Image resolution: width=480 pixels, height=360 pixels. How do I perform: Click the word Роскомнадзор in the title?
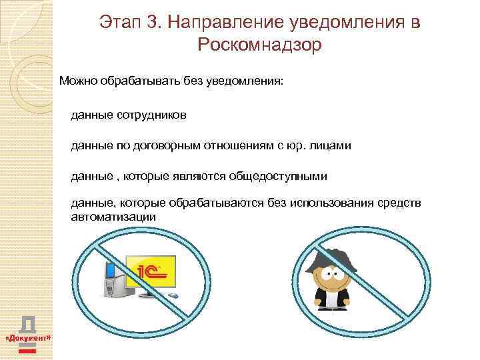click(x=259, y=45)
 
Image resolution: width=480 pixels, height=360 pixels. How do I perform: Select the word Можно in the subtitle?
click(x=78, y=81)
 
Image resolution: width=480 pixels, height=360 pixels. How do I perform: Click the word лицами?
click(x=331, y=145)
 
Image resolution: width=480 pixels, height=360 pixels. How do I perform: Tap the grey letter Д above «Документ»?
click(x=28, y=324)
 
